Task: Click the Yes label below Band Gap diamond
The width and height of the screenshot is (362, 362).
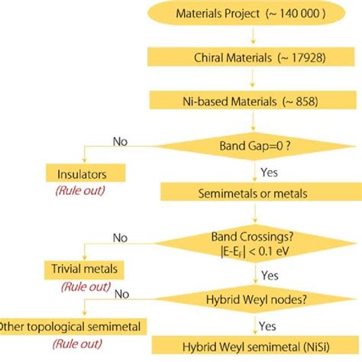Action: click(x=269, y=172)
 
